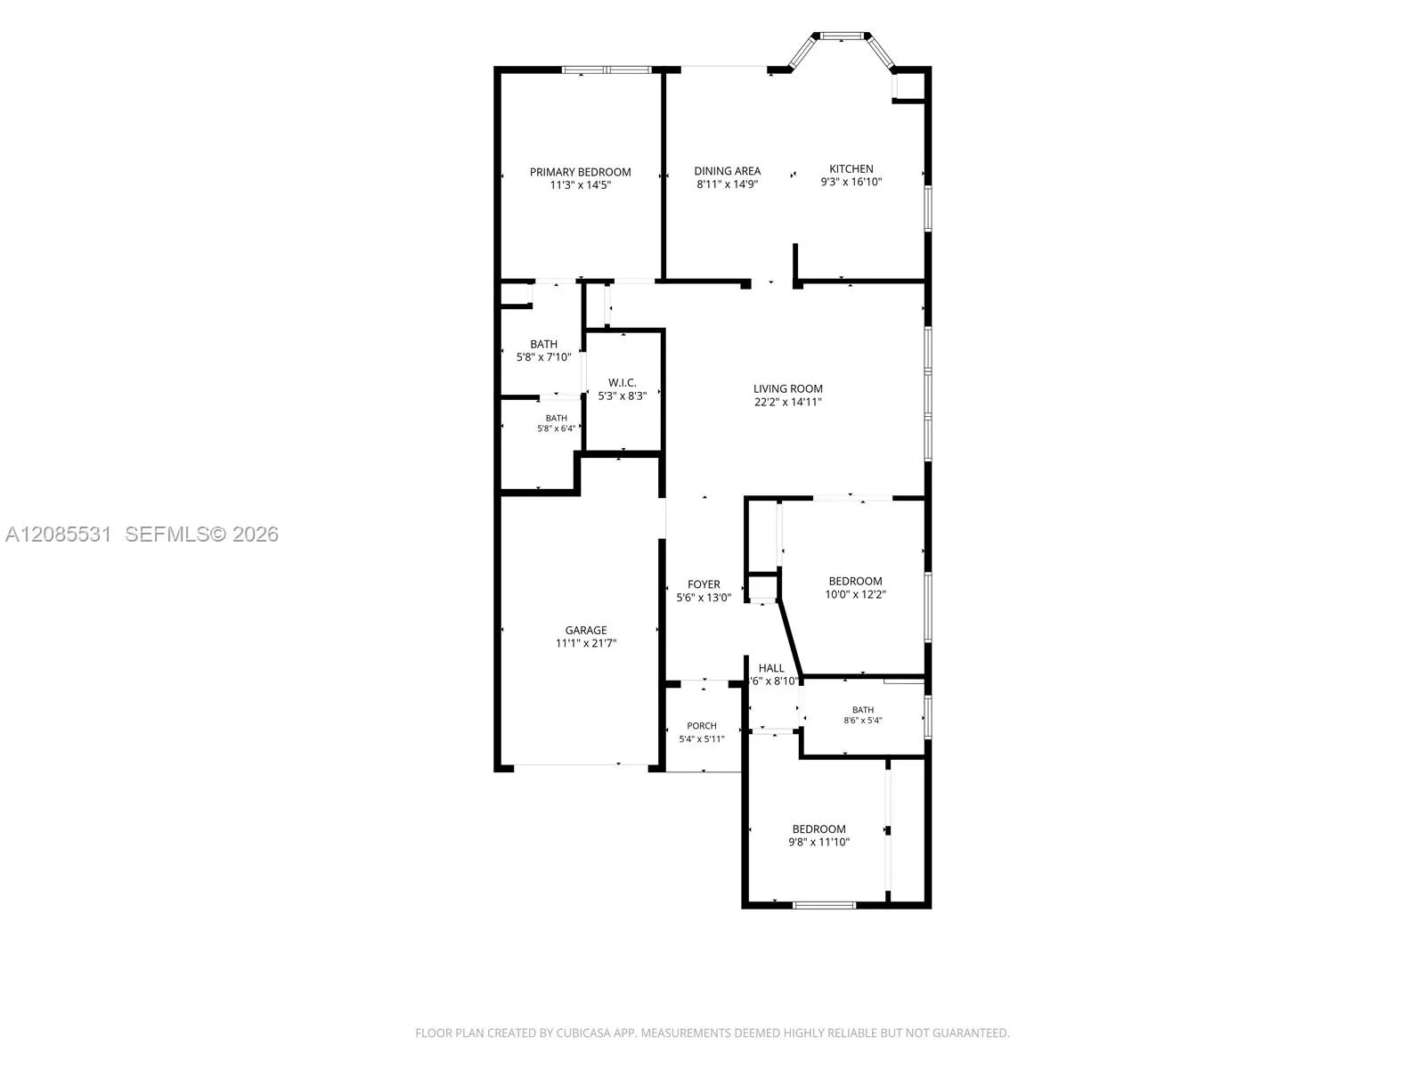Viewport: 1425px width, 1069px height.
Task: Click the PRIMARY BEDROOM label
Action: point(580,172)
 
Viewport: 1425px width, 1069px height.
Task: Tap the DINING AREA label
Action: point(727,171)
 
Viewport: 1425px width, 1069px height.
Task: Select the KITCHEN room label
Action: point(851,168)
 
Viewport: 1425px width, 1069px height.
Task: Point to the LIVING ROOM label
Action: point(787,388)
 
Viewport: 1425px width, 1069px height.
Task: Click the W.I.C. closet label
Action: point(622,383)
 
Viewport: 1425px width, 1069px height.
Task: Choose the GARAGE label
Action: point(585,630)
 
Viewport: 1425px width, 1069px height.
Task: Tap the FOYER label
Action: point(704,584)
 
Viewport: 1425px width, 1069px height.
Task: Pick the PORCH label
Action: point(702,726)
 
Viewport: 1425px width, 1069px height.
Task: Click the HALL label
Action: point(771,668)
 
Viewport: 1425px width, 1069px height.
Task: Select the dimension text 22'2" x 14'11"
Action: point(787,402)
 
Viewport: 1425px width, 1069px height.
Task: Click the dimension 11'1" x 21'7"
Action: point(585,643)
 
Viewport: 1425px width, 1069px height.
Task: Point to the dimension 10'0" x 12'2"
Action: point(855,594)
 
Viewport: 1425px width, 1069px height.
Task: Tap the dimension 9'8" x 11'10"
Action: point(818,842)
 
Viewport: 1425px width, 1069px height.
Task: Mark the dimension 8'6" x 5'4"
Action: point(863,720)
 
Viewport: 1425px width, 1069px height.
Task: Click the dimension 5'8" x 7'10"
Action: point(543,357)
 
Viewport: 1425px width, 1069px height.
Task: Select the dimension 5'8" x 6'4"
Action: point(557,428)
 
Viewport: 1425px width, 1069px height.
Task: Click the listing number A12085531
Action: point(59,534)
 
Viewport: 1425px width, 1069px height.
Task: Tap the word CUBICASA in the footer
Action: point(583,1032)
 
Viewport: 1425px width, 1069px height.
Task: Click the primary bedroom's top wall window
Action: point(607,69)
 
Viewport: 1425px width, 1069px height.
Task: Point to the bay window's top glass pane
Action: point(842,36)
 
